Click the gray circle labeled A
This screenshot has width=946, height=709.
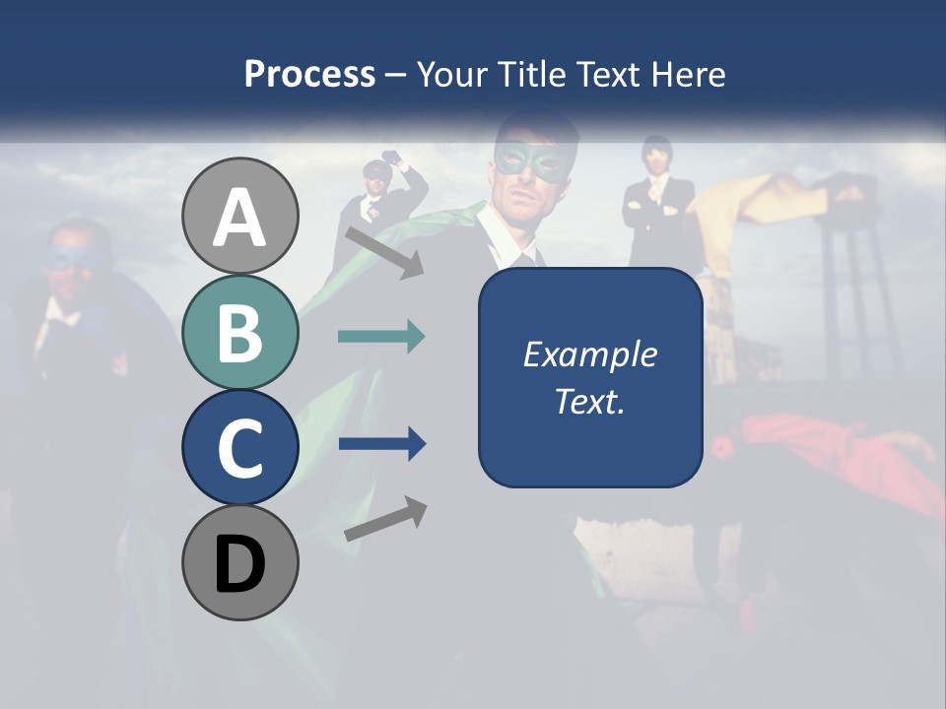pyautogui.click(x=239, y=217)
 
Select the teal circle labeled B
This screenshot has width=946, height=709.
pyautogui.click(x=239, y=333)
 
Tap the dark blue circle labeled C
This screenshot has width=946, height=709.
pyautogui.click(x=239, y=447)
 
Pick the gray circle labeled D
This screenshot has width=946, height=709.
pyautogui.click(x=239, y=562)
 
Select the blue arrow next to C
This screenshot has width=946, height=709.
pyautogui.click(x=381, y=444)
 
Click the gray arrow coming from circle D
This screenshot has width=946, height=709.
pyautogui.click(x=385, y=519)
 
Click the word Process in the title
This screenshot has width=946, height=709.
pyautogui.click(x=309, y=74)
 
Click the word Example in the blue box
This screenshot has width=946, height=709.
pyautogui.click(x=589, y=354)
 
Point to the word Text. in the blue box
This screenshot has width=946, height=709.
pyautogui.click(x=589, y=401)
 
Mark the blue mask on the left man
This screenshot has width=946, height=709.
pyautogui.click(x=71, y=259)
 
